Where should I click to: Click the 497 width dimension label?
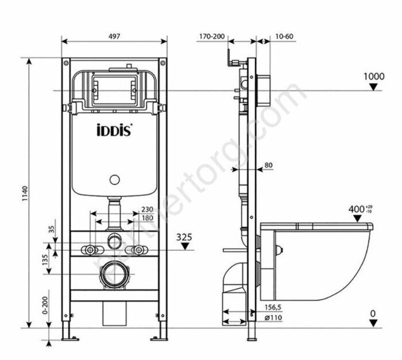(x=114, y=36)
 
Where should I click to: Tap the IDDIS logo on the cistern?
(x=114, y=130)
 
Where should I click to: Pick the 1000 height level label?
(x=374, y=76)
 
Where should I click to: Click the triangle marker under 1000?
(x=374, y=87)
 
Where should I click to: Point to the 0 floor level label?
(x=374, y=314)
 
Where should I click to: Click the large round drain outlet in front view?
(x=115, y=273)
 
